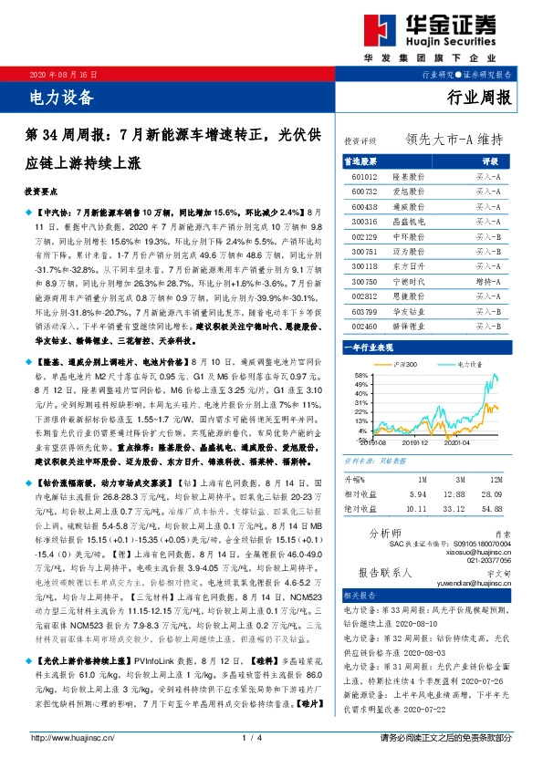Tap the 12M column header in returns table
click(x=497, y=478)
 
